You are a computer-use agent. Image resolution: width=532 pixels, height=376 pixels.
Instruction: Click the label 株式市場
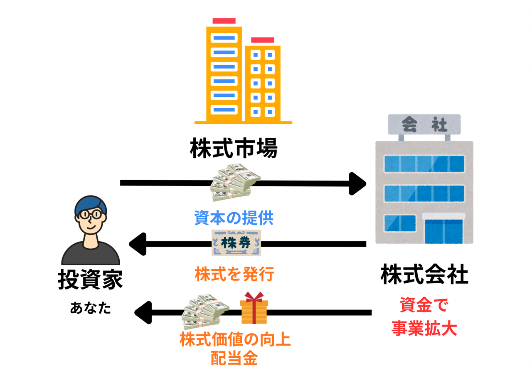point(234,148)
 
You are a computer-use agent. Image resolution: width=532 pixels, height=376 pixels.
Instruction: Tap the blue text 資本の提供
point(234,218)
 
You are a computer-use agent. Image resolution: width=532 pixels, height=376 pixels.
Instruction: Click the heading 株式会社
point(424,275)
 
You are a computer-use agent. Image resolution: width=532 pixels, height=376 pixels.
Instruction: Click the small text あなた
point(91,308)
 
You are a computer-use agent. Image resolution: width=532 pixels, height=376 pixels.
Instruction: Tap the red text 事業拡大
point(424,329)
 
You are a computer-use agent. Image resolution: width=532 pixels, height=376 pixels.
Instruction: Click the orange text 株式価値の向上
point(235,340)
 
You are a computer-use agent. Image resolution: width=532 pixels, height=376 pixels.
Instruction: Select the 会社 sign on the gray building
point(424,124)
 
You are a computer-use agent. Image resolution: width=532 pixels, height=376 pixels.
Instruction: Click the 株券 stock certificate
point(236,243)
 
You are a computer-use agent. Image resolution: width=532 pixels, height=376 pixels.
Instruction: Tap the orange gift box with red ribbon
point(254,308)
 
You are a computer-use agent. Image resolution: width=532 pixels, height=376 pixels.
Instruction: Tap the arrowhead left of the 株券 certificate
point(138,243)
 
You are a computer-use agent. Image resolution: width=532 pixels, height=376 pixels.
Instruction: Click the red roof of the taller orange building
point(224,21)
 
